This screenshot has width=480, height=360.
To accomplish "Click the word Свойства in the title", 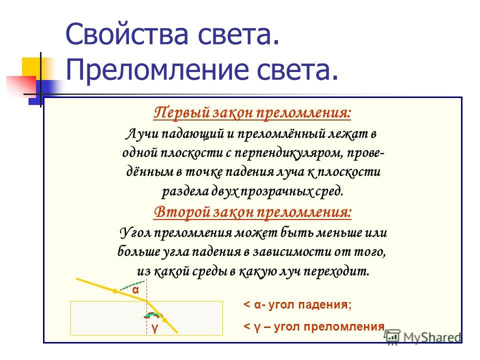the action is tap(126, 34).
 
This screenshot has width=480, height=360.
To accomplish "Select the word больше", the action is tap(137, 251).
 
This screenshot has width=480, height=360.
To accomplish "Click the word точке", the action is tap(204, 172).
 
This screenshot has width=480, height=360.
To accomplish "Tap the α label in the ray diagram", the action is tap(135, 290).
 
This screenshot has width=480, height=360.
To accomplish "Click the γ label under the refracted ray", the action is tap(155, 327).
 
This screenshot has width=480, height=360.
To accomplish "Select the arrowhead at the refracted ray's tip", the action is tap(165, 319).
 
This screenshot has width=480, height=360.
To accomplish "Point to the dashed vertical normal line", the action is tap(147, 306).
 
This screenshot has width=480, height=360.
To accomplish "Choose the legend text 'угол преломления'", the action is tap(329, 326).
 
